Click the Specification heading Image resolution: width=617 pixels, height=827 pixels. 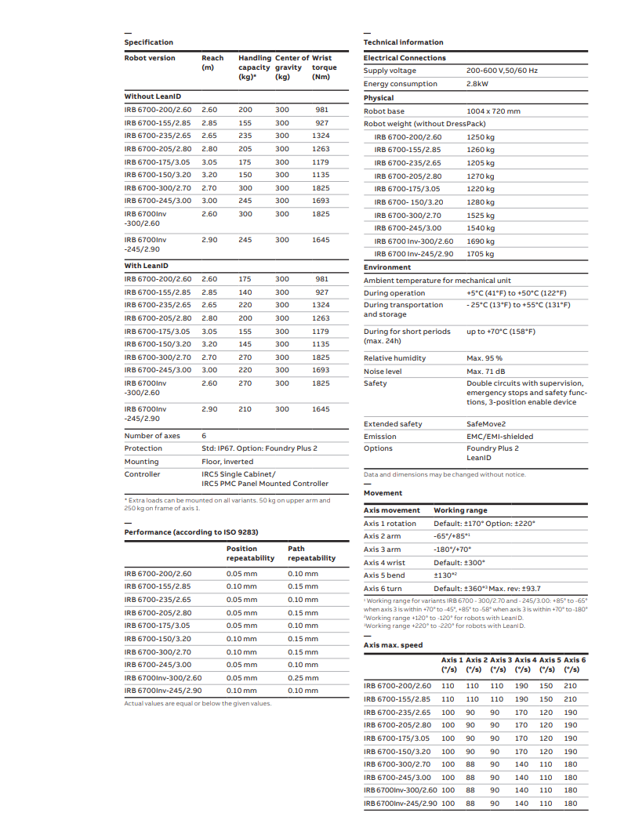click(148, 42)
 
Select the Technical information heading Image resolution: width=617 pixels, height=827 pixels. click(403, 42)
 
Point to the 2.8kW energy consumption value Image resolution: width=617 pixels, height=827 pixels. click(477, 84)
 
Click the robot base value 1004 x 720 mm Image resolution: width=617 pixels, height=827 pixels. click(493, 111)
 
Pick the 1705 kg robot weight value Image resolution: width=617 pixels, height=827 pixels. click(481, 254)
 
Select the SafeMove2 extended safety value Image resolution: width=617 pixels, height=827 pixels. click(486, 424)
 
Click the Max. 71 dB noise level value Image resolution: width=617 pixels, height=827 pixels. click(486, 371)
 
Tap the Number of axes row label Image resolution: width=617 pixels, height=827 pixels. click(152, 436)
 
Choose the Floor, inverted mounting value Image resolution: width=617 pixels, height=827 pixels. click(227, 462)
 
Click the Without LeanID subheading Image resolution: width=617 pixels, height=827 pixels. click(153, 96)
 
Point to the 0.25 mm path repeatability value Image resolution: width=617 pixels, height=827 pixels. click(303, 678)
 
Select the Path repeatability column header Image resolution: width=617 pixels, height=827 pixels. click(311, 553)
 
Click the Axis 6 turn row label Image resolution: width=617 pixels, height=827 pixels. click(383, 589)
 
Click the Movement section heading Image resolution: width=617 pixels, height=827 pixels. click(383, 493)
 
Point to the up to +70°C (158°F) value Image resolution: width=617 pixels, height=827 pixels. click(501, 332)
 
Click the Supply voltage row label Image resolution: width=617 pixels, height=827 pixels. click(390, 71)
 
